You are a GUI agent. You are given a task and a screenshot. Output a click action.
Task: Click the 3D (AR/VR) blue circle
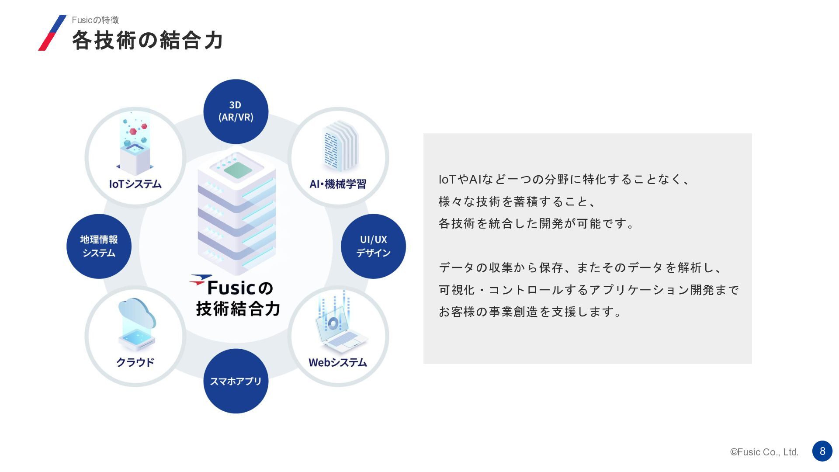(236, 111)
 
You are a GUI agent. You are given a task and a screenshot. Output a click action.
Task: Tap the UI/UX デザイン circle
(373, 246)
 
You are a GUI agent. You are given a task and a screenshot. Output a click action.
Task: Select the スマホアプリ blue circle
(236, 381)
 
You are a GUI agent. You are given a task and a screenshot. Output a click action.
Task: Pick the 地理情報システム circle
(99, 246)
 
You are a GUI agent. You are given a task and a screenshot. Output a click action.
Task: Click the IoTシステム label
(135, 184)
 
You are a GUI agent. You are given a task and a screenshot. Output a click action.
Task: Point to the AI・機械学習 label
(338, 184)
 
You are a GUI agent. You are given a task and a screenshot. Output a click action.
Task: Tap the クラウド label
(135, 362)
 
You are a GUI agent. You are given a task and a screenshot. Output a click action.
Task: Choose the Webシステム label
(338, 362)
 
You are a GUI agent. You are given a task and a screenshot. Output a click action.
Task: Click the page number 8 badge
(822, 451)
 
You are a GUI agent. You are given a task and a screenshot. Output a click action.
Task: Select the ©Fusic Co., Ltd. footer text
(764, 452)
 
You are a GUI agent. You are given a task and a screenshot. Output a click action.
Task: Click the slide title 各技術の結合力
(148, 40)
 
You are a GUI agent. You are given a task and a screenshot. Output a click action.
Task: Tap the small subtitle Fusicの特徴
(95, 20)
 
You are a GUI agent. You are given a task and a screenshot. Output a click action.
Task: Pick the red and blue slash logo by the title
(52, 33)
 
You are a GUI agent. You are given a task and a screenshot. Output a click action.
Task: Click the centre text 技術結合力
(238, 309)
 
